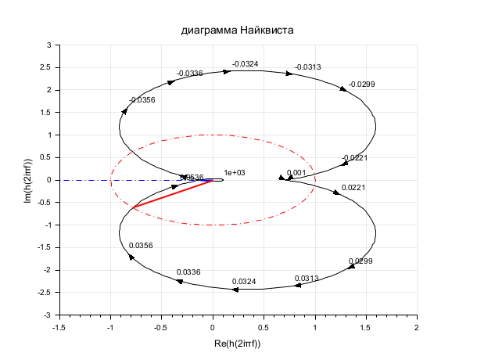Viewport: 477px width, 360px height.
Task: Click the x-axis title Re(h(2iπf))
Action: tap(236, 344)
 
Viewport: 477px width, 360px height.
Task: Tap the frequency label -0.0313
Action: tap(307, 67)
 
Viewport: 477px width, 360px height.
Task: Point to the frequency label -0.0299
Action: tap(361, 84)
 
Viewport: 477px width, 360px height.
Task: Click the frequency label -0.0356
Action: tap(142, 100)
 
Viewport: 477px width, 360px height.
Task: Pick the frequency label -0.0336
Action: tap(189, 74)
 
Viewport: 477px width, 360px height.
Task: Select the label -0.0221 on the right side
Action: tap(354, 158)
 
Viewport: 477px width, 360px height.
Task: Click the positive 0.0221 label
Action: tap(353, 188)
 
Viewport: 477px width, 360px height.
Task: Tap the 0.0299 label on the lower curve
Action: tap(360, 261)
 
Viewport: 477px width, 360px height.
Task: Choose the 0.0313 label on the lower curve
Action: tap(307, 279)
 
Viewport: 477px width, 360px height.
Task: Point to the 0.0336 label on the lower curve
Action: tap(188, 272)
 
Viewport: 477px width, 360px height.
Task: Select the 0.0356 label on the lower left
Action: tap(141, 246)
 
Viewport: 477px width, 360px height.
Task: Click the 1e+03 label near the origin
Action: tap(235, 173)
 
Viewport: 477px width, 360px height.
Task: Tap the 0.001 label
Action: tap(296, 173)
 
